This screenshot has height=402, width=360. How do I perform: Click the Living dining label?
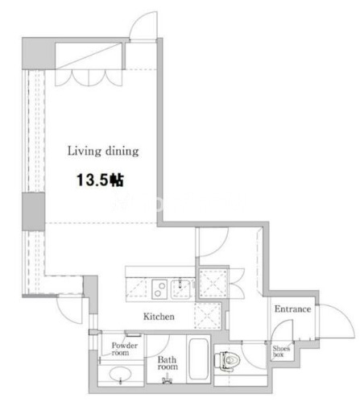(103, 151)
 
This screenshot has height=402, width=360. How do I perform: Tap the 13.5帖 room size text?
(100, 180)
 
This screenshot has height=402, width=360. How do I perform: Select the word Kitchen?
(159, 317)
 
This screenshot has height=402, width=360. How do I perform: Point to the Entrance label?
(292, 309)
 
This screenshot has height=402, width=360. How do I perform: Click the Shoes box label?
(281, 351)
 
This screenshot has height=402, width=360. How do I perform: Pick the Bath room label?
(168, 363)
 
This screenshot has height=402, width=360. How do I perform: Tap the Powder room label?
(124, 349)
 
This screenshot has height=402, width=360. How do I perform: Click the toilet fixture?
(227, 361)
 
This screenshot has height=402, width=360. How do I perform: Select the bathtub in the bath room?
(198, 359)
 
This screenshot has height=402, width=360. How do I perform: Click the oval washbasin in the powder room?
(120, 374)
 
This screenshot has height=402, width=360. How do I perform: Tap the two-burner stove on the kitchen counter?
(159, 289)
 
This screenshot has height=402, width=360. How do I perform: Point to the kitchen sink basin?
(181, 289)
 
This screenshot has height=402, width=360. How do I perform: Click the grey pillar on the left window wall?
(33, 211)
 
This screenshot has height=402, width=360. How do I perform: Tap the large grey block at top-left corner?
(39, 54)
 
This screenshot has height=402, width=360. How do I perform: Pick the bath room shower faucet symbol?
(167, 380)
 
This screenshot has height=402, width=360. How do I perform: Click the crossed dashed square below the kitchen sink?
(208, 316)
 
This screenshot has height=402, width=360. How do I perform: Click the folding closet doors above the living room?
(89, 78)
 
